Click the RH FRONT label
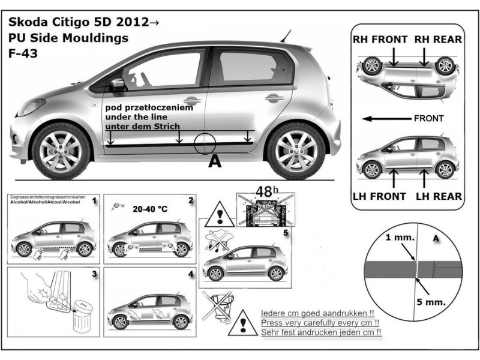pyautogui.click(x=380, y=40)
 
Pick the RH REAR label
pyautogui.click(x=437, y=40)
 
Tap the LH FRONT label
pyautogui.click(x=381, y=196)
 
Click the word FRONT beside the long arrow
pyautogui.click(x=429, y=118)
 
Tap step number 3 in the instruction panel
pyautogui.click(x=94, y=274)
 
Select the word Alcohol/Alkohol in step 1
pyautogui.click(x=25, y=204)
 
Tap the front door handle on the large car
pyautogui.click(x=192, y=101)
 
